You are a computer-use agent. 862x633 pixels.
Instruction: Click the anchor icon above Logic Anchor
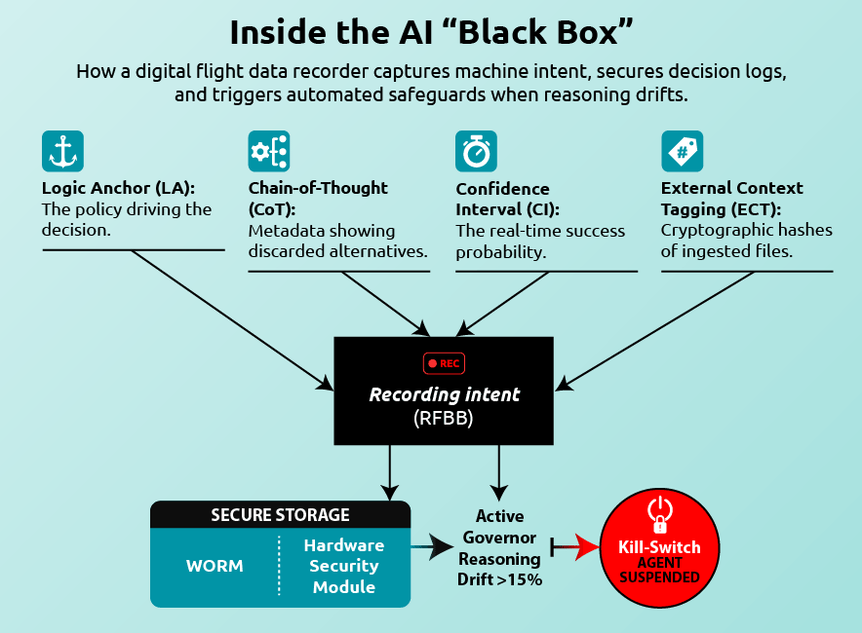tap(62, 151)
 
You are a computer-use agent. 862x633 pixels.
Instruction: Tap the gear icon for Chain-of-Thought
tap(269, 151)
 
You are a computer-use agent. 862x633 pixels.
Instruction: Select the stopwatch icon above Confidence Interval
tap(476, 151)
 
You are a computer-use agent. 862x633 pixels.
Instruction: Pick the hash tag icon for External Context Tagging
tap(683, 151)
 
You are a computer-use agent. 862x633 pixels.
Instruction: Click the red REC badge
tap(444, 363)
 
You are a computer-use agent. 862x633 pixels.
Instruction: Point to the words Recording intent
tap(445, 394)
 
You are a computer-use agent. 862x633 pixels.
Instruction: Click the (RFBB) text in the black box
tap(443, 419)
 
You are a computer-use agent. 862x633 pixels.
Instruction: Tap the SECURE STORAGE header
tap(281, 515)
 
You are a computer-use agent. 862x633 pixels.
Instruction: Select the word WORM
tap(215, 566)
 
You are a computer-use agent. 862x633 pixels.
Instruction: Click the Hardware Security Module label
tap(344, 566)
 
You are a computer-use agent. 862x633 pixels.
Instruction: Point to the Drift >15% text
tap(499, 579)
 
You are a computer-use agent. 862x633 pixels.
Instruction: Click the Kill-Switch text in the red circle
tap(660, 547)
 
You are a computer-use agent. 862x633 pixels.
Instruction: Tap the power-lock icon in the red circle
tap(660, 514)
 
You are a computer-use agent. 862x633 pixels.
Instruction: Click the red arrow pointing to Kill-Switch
tap(575, 546)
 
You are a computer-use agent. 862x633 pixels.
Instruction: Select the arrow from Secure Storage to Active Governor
tap(432, 546)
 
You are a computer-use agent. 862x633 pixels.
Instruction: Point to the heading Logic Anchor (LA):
tap(118, 188)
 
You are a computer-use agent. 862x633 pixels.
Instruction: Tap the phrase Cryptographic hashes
tap(747, 230)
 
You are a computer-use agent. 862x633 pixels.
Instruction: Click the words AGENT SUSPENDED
tap(660, 570)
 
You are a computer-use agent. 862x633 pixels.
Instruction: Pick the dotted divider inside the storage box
tap(279, 566)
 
